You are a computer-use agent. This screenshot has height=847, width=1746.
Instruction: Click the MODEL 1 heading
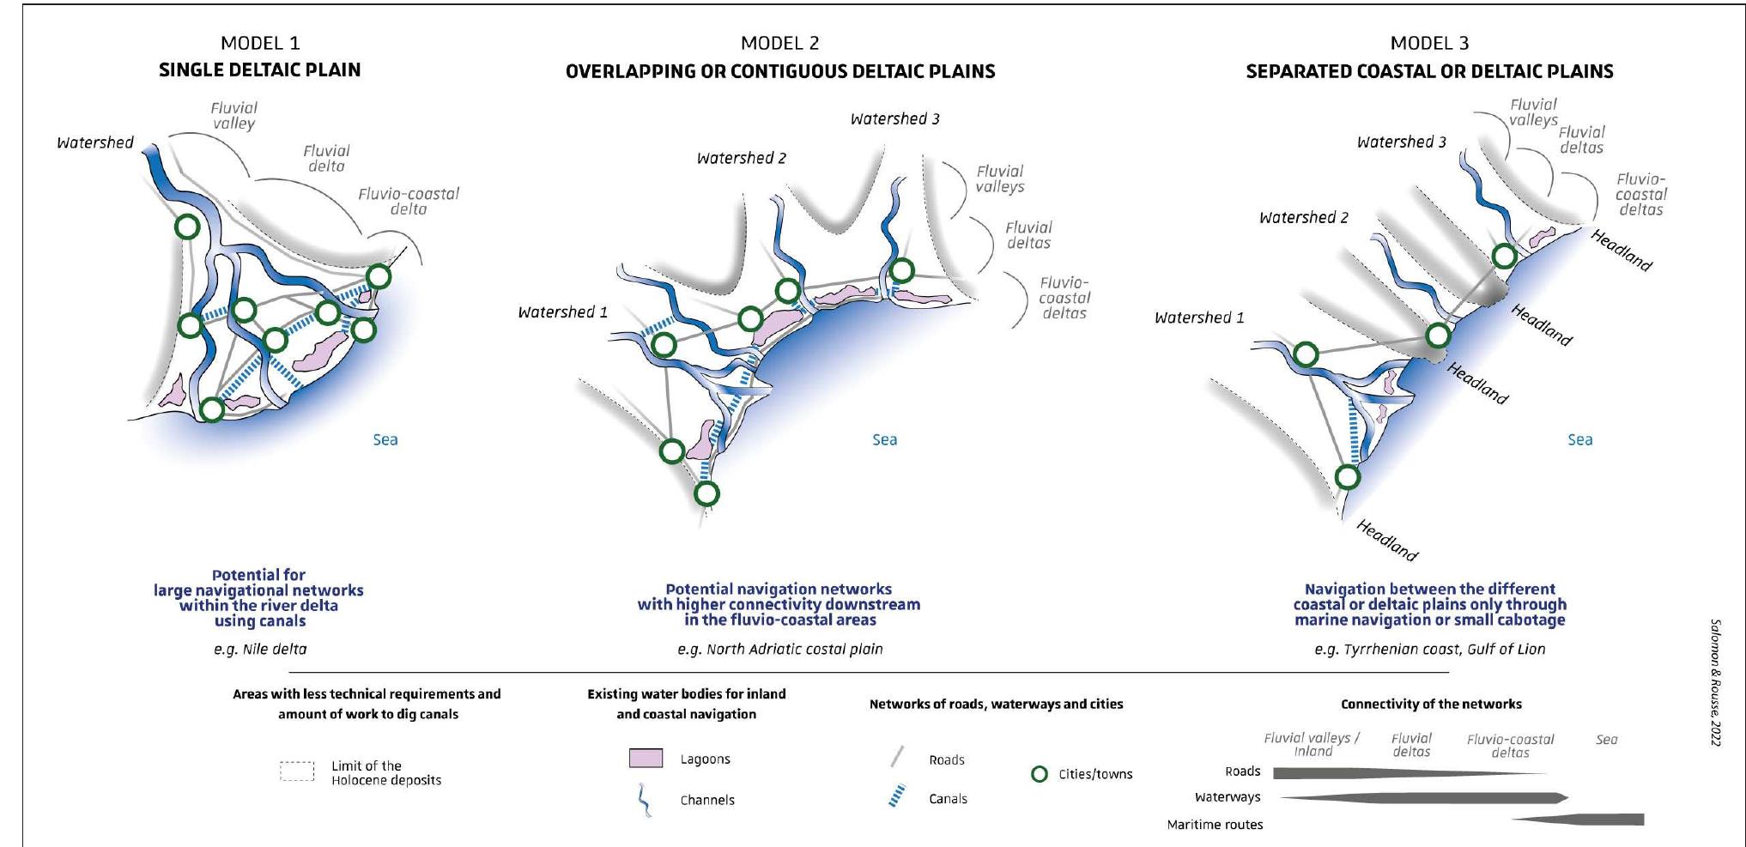click(259, 43)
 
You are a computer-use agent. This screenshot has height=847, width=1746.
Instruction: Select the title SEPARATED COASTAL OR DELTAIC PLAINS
click(1429, 71)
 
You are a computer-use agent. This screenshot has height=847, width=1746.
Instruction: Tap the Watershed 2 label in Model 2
click(741, 158)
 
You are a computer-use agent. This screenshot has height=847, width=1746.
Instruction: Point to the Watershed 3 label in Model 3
click(1401, 142)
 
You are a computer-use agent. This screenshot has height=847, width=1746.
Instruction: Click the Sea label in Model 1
click(385, 439)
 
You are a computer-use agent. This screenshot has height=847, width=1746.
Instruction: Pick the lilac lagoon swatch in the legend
click(646, 759)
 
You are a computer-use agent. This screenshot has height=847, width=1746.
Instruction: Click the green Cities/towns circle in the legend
click(1039, 774)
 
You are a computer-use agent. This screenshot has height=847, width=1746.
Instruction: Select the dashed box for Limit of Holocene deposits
click(297, 771)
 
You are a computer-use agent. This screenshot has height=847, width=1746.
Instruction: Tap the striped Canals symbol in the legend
click(897, 797)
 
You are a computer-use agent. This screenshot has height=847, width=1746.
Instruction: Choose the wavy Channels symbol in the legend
click(643, 801)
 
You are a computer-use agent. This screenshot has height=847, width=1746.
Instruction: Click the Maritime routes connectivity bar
click(1588, 820)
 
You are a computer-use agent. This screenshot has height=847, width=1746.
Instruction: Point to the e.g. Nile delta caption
click(260, 650)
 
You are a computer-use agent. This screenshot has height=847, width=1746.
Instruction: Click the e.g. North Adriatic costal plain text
click(779, 650)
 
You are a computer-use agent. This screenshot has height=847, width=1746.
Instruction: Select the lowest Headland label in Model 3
click(1386, 540)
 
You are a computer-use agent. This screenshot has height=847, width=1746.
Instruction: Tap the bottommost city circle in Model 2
click(706, 493)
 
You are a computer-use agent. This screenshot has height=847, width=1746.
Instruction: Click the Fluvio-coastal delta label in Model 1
click(409, 201)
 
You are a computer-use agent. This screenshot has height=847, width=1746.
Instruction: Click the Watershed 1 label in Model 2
click(562, 312)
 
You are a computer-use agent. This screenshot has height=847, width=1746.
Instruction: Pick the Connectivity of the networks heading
click(1431, 704)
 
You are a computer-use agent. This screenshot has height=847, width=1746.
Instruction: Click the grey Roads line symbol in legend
click(897, 757)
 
